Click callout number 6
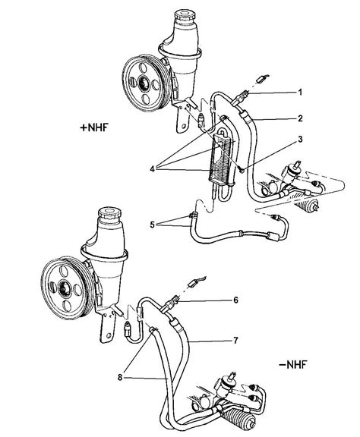coord(236,300)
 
